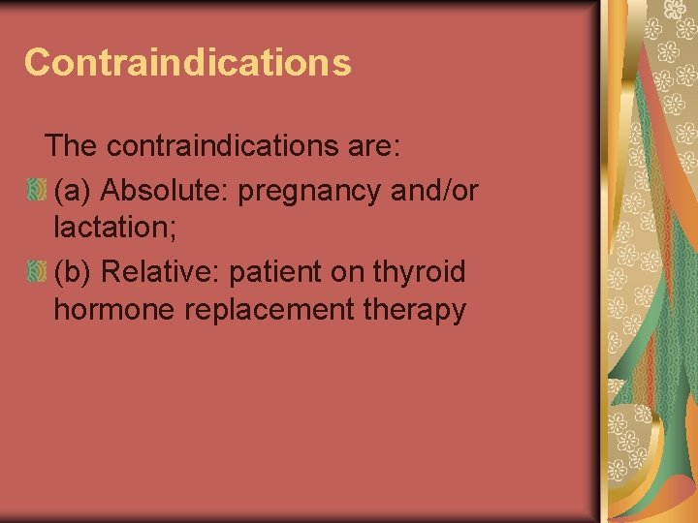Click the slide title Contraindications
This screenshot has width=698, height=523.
click(x=187, y=62)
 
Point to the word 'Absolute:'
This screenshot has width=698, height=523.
click(x=165, y=191)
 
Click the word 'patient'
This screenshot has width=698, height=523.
click(x=275, y=272)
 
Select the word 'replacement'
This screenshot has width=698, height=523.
click(x=262, y=313)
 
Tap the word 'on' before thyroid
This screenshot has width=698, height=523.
click(x=346, y=272)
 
